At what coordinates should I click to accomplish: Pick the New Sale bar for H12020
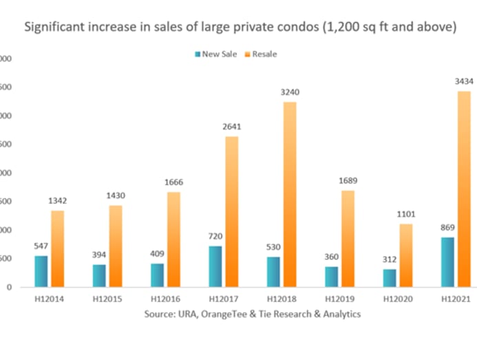click(390, 277)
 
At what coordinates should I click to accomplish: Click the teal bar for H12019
click(331, 276)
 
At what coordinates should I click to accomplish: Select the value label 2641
click(231, 127)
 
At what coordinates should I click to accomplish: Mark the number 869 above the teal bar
click(447, 228)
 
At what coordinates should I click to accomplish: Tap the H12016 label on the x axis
click(165, 299)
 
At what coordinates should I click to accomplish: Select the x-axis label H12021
click(456, 299)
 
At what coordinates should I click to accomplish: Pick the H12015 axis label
click(107, 299)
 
